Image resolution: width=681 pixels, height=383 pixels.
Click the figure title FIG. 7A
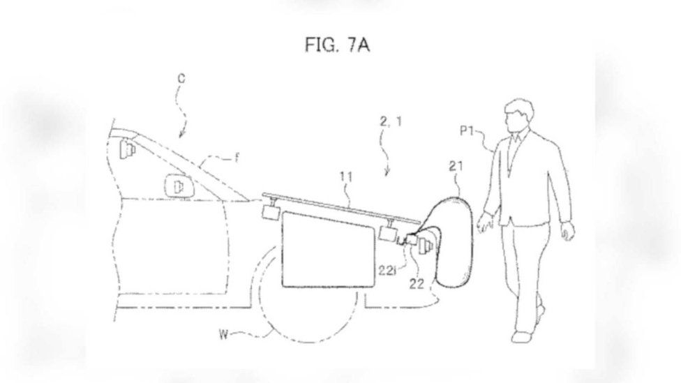coord(338,45)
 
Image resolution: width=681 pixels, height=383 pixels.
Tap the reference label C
coord(181,79)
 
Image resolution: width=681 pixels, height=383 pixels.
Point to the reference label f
coord(237,158)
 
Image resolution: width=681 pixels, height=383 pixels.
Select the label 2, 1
coord(391,121)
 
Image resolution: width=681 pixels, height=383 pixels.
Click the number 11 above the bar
coord(345,177)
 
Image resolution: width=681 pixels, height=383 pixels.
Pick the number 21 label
coord(456,166)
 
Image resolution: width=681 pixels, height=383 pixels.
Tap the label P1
coord(467,130)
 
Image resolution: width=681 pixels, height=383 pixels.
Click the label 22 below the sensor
coord(417,283)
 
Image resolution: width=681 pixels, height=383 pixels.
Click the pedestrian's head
coord(519,115)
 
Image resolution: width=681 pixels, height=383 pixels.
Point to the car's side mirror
coord(178,187)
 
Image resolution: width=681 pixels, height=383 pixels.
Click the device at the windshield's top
coord(126,147)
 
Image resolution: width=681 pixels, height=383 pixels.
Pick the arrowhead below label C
coord(182,134)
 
